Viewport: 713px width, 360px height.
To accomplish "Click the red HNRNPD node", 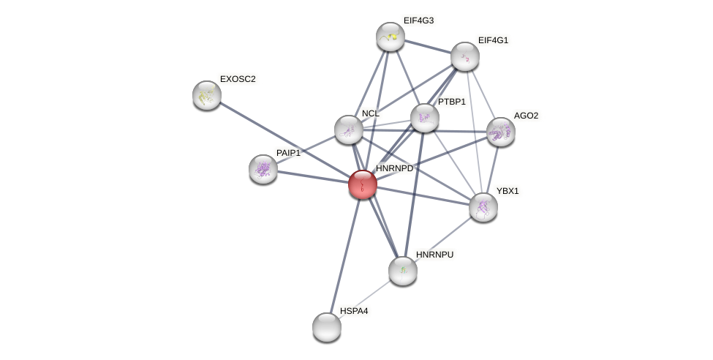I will [363, 184].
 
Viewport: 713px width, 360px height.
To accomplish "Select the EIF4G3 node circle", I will [391, 37].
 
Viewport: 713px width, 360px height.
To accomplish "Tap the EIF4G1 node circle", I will [465, 56].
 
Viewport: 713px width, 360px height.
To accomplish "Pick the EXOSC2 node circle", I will [207, 95].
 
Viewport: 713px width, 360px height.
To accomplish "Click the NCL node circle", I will [349, 130].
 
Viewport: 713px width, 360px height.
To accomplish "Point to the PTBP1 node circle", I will [425, 118].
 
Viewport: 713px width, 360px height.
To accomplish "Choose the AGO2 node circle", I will [501, 132].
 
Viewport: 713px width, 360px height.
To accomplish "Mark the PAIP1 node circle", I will [263, 169].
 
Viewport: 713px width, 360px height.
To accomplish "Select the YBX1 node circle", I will [483, 207].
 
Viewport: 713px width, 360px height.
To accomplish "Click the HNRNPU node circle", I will [403, 271].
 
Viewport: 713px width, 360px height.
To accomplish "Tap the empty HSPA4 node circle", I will [327, 327].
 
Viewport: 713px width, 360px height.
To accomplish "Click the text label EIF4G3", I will [419, 20].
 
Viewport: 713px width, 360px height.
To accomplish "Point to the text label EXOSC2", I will [238, 79].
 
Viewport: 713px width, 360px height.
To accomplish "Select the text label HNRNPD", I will [394, 168].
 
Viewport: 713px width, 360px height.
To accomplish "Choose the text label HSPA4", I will [354, 311].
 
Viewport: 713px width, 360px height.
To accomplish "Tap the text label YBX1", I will [508, 191].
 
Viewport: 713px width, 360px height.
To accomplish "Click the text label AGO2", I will [526, 116].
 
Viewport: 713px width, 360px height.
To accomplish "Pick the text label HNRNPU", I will [434, 255].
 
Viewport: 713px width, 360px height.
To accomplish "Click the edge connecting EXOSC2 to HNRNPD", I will [285, 140].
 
